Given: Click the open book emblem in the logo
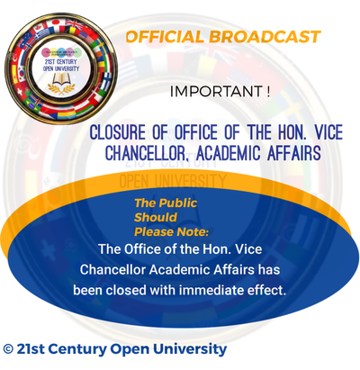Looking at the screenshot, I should point(60,77).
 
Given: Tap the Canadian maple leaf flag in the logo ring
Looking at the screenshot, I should point(39,27).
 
